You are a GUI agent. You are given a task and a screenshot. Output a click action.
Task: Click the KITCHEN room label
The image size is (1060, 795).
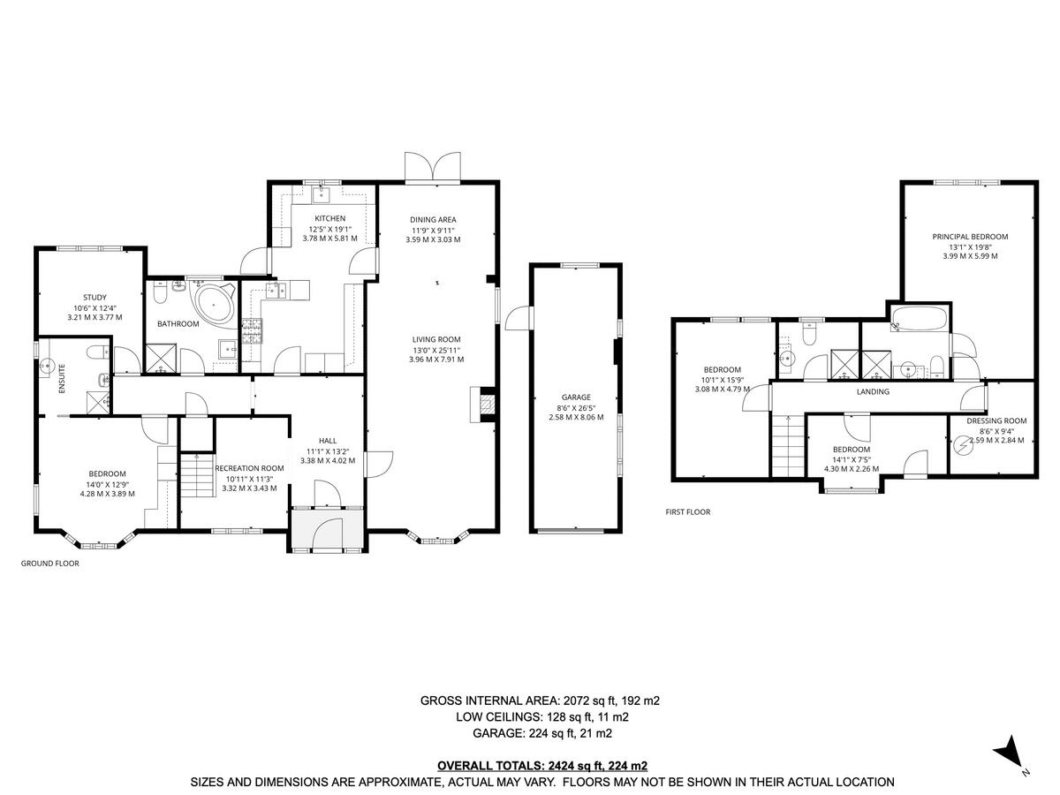(329, 218)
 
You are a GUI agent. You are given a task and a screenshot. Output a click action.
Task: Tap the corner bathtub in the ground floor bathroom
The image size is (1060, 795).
(213, 303)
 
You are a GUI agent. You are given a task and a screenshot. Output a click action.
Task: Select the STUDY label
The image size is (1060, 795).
(95, 298)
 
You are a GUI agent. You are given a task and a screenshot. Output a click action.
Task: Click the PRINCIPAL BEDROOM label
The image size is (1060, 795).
(970, 237)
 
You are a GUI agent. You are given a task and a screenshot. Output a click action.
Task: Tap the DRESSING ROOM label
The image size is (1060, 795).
(996, 420)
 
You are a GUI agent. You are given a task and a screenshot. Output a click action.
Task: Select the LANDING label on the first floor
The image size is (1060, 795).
(873, 391)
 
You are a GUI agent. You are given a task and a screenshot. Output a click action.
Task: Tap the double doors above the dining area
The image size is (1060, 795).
(433, 166)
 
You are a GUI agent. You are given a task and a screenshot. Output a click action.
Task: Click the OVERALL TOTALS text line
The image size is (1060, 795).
(541, 765)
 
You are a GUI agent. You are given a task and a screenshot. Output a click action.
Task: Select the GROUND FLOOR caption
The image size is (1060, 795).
(50, 563)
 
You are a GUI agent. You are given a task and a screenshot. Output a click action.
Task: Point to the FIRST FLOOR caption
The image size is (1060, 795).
(688, 511)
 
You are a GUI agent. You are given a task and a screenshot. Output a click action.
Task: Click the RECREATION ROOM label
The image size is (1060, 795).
(250, 468)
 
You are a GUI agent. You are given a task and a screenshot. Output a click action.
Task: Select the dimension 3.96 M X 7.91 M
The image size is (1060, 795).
(435, 360)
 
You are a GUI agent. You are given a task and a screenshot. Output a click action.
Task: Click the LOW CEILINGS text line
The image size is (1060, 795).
(541, 716)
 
